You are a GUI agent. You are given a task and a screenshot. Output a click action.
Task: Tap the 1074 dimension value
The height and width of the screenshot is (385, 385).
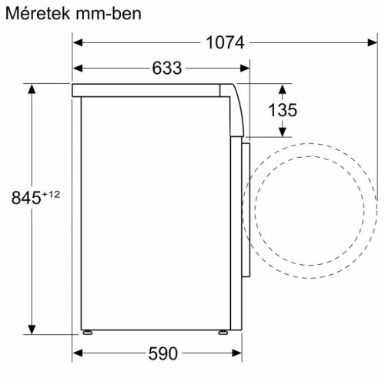[224, 44]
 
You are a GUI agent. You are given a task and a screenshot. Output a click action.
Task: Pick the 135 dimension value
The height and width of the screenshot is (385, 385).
[282, 111]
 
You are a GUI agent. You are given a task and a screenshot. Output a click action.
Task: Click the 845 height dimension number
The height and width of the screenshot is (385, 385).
[25, 199]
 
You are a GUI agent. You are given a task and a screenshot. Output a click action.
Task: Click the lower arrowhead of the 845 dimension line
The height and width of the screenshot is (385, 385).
[32, 323]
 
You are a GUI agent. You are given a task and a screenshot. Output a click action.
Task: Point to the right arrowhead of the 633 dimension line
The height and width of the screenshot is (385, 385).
[246, 69]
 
